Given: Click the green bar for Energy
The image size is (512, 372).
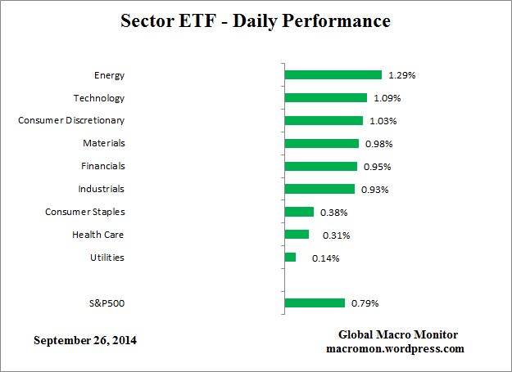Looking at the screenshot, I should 333,74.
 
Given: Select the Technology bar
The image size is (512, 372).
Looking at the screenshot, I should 325,97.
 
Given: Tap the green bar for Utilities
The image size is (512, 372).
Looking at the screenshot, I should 290,258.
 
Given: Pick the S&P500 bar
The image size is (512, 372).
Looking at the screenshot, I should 315,303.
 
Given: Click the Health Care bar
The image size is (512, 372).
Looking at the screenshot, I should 297,235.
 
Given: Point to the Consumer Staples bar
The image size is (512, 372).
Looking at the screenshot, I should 299,212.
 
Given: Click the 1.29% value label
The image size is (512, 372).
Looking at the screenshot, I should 402,75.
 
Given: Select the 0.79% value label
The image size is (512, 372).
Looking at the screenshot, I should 365,304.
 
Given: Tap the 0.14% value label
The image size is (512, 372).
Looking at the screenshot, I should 325,258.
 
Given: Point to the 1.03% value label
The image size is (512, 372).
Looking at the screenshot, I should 382,121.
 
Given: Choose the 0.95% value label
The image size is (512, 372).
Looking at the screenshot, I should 376,167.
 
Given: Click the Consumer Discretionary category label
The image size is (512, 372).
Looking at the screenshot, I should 71,120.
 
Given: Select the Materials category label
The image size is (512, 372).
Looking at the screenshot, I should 104,143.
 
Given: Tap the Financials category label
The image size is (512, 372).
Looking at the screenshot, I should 102,166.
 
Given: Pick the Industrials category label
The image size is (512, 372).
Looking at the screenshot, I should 101,189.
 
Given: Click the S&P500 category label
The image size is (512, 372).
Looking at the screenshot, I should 106,303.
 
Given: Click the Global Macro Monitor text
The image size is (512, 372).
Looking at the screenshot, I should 398,334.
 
